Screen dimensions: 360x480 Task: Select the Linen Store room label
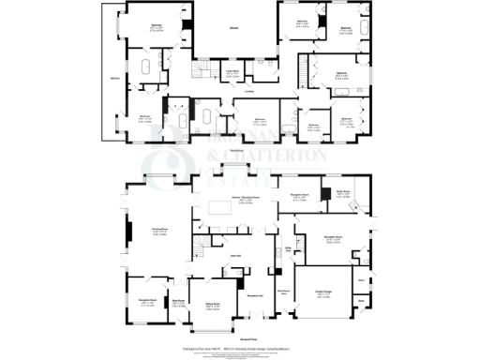[x=228, y=71]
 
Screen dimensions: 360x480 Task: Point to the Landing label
[x=249, y=91]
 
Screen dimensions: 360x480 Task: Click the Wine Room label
[x=178, y=303]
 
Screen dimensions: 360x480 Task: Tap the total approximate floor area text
[x=240, y=348]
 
